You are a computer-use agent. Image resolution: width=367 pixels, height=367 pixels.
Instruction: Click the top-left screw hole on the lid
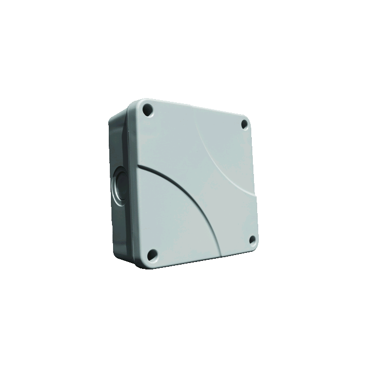click(148, 111)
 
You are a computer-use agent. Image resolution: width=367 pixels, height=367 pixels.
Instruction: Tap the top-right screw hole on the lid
click(245, 124)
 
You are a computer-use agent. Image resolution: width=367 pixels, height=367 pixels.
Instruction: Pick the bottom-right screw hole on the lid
click(252, 239)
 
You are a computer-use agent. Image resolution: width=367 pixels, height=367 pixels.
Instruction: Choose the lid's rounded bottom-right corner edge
click(256, 248)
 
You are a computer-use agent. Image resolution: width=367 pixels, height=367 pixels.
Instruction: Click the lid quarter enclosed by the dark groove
click(171, 220)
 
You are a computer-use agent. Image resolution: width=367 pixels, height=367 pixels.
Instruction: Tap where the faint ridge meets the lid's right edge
click(254, 199)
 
